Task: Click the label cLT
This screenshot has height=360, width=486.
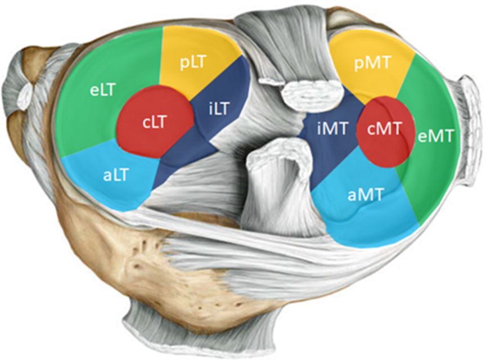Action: tap(153, 123)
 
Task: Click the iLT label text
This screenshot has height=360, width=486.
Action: tap(218, 109)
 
